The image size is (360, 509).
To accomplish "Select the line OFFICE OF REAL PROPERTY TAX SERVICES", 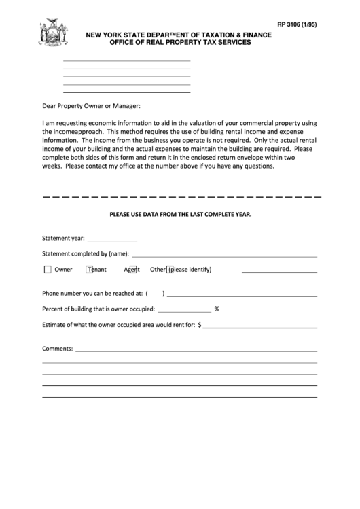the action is pyautogui.click(x=175, y=42).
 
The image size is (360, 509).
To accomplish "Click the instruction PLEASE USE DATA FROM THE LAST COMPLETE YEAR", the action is pyautogui.click(x=181, y=214).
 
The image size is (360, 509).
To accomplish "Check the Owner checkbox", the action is pyautogui.click(x=48, y=270).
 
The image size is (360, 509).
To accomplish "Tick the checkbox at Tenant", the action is pyautogui.click(x=90, y=270).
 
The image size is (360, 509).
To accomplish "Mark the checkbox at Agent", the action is pyautogui.click(x=134, y=270).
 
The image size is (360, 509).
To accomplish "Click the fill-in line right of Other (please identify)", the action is pyautogui.click(x=279, y=271).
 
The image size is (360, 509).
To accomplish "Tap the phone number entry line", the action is pyautogui.click(x=242, y=296).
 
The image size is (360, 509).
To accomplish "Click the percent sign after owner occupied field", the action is pyautogui.click(x=217, y=309).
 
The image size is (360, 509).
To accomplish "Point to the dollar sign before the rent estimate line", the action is pyautogui.click(x=200, y=325).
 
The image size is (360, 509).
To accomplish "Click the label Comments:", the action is pyautogui.click(x=57, y=348).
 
